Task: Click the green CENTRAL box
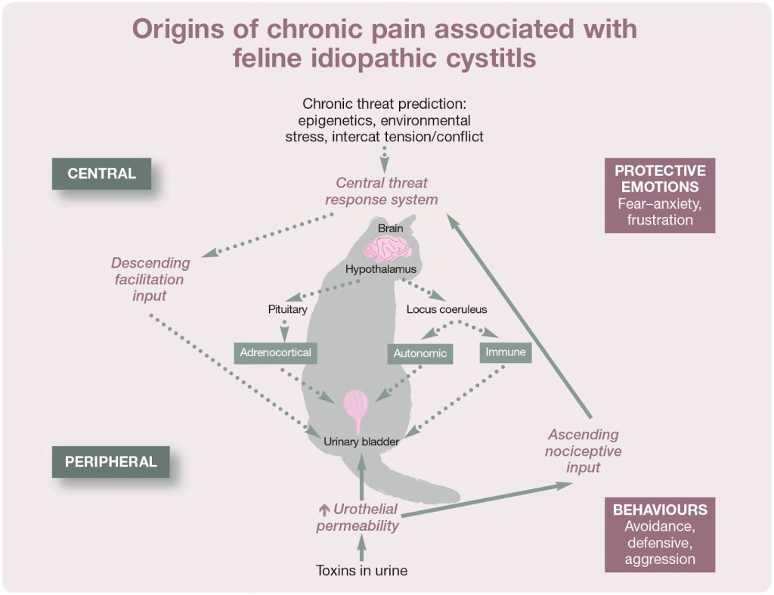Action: point(101,173)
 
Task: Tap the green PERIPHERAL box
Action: point(110,461)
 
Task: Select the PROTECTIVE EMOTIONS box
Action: point(660,194)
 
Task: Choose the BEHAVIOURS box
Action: point(660,534)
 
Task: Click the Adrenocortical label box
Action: point(275,352)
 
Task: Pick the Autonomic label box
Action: point(420,353)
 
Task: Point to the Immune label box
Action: point(506,352)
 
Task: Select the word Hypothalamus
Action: point(381,268)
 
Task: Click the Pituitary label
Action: point(287,308)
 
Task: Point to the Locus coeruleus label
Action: point(447,308)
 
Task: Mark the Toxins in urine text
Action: point(361,571)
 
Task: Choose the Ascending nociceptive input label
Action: point(583,451)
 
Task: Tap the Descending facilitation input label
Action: point(150,279)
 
